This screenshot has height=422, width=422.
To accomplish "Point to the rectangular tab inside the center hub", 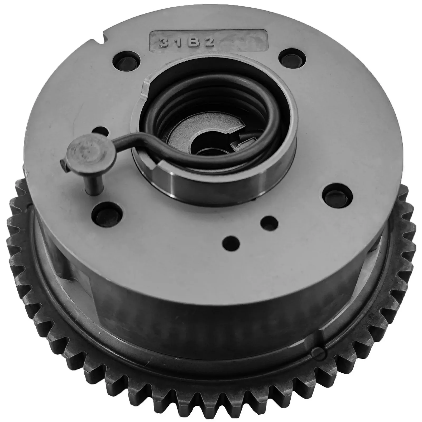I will coord(239,142).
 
